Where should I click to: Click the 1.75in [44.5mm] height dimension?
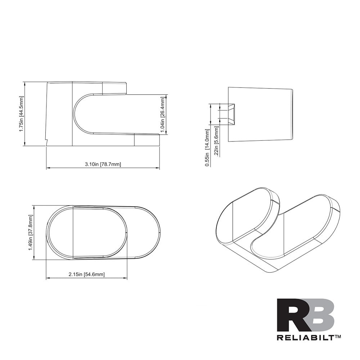(x=21, y=114)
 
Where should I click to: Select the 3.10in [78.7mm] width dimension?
(x=103, y=165)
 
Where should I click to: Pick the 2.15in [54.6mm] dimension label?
(x=86, y=274)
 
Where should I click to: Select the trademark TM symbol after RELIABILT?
(x=338, y=336)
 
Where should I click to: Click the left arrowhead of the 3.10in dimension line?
(x=48, y=168)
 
